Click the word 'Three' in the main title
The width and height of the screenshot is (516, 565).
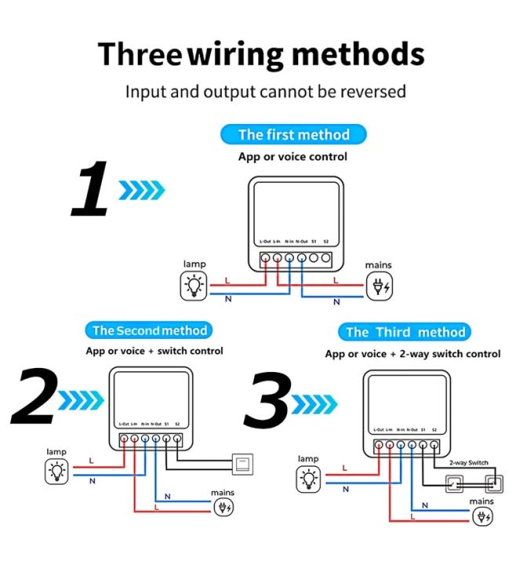click(139, 54)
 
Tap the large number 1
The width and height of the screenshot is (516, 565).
click(92, 190)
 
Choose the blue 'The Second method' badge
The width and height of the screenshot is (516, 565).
click(149, 330)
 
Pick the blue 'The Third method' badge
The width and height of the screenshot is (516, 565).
click(406, 332)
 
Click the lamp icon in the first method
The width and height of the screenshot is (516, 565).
click(193, 286)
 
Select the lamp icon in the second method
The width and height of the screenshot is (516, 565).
click(56, 471)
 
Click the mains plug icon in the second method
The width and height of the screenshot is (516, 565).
click(223, 506)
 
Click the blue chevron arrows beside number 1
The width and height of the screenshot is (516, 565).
click(142, 189)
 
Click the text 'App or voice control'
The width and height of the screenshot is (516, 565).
click(293, 156)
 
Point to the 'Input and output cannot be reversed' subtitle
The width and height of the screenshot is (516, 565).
click(266, 91)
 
